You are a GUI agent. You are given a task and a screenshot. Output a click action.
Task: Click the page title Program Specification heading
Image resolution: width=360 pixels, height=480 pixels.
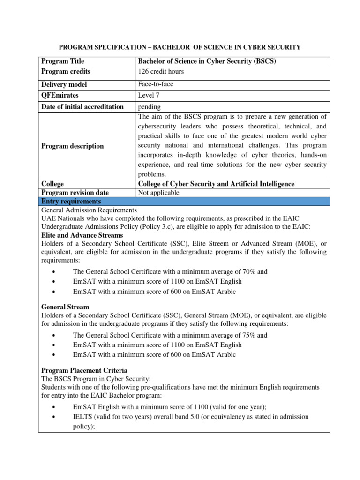180,47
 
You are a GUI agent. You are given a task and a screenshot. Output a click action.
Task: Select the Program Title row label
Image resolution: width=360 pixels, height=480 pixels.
63,61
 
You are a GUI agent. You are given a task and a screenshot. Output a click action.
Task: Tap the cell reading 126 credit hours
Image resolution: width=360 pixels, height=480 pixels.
160,71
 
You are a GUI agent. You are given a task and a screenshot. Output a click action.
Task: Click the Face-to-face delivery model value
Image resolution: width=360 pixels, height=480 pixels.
156,84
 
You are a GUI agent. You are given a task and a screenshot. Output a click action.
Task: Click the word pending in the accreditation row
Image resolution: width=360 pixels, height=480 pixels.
149,107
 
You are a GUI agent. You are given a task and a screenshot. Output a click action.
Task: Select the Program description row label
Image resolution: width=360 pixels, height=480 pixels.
73,146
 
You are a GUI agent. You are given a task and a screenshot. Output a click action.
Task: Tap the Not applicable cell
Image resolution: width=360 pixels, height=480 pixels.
158,193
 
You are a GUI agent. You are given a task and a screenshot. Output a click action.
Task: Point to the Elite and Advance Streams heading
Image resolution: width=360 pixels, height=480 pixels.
82,235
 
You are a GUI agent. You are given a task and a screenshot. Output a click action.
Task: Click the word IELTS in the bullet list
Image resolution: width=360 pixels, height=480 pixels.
82,416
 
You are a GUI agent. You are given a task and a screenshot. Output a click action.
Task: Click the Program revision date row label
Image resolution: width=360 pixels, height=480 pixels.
75,193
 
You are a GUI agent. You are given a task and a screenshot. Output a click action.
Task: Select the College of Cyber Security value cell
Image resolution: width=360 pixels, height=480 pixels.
216,184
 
